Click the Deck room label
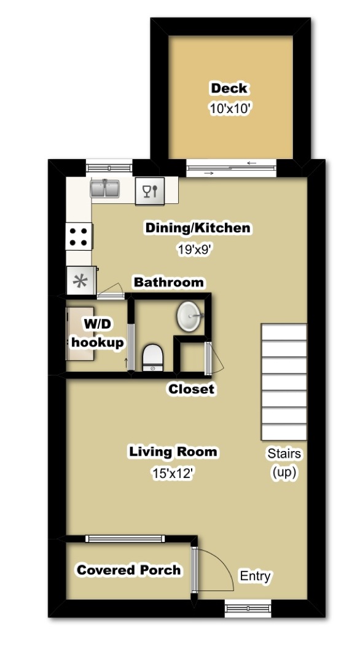[x=229, y=88]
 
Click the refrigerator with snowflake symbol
[x=80, y=281]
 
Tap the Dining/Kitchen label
[x=197, y=229]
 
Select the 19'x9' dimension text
[x=197, y=250]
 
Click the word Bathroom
[x=169, y=283]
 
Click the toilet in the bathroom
[x=152, y=357]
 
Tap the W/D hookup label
[x=97, y=334]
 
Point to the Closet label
[x=192, y=389]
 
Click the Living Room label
[x=173, y=452]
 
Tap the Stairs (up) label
[x=284, y=463]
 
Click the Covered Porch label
[x=128, y=570]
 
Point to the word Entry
[x=255, y=576]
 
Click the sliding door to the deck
[x=231, y=167]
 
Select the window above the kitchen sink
[x=109, y=167]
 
